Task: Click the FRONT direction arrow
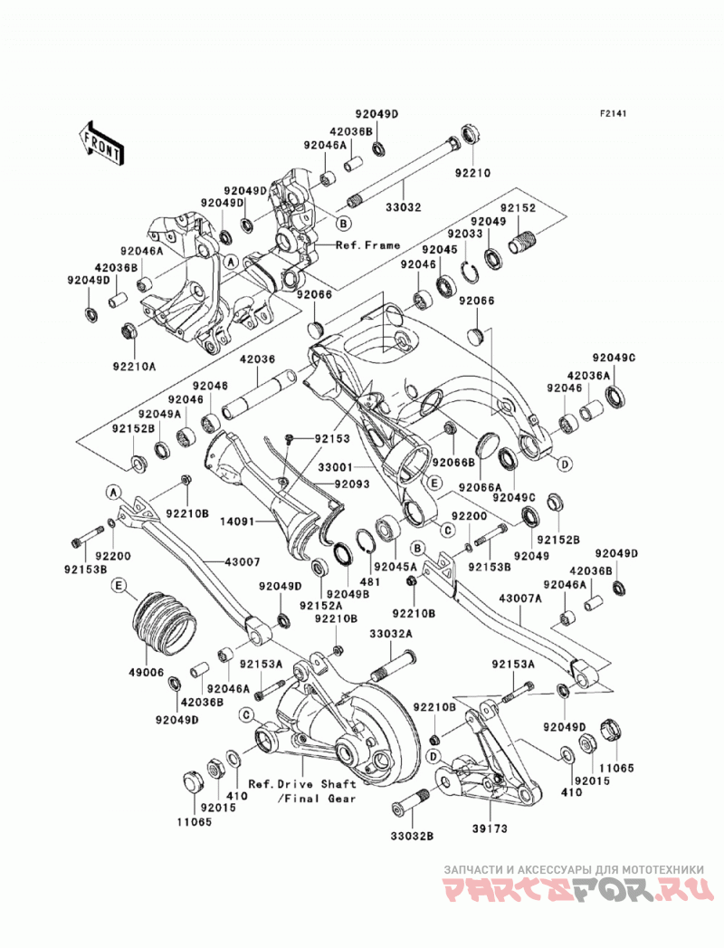point(101,143)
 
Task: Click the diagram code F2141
point(614,113)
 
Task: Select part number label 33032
point(404,207)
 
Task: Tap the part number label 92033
point(465,234)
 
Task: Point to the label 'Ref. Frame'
point(368,244)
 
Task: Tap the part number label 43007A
point(520,598)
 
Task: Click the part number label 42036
point(257,359)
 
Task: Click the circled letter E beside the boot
point(119,585)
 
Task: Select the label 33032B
point(412,836)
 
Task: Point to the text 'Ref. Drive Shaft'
point(302,784)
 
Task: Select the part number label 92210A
point(133,367)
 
